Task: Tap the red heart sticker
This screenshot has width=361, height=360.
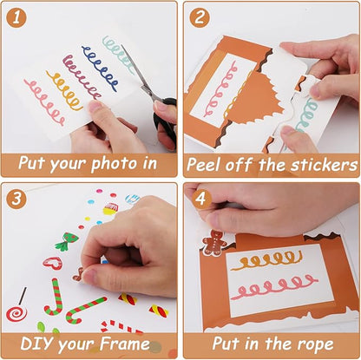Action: pos(53,263)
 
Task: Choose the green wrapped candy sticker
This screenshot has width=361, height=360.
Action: pos(66,240)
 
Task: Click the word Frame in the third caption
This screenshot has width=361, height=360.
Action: pos(127,344)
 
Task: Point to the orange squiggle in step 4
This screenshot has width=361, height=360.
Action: pos(266,259)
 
